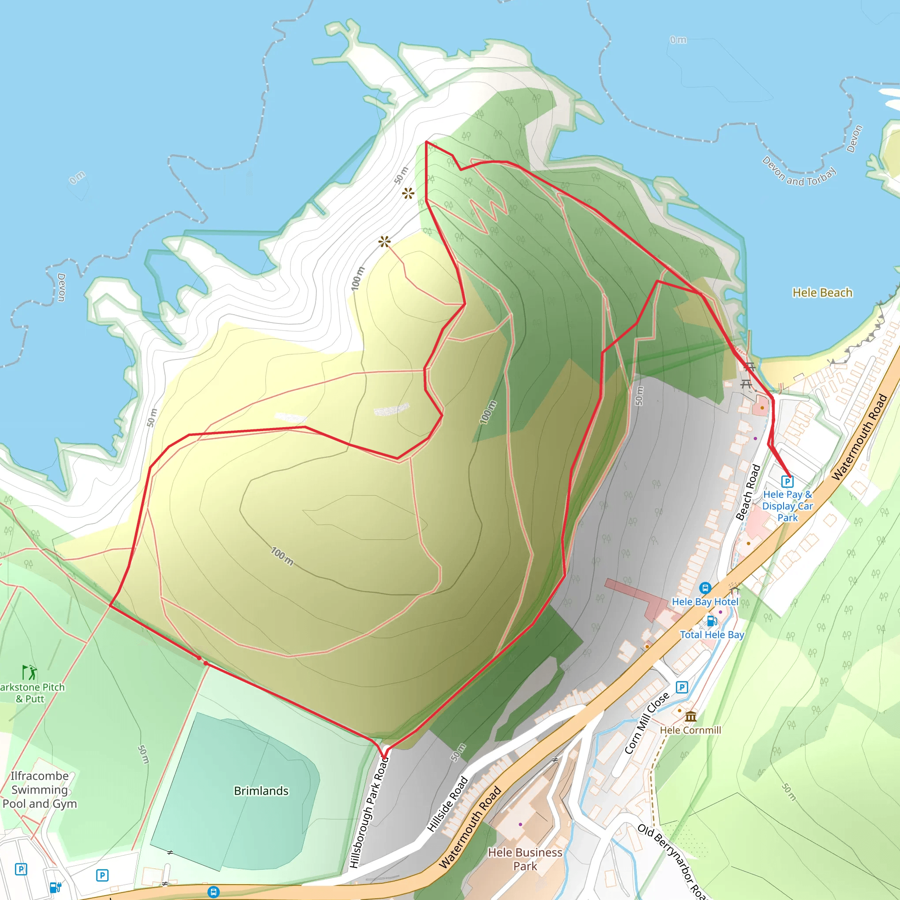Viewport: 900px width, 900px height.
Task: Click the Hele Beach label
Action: (822, 293)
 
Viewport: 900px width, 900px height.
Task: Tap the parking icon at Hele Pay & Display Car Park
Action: (787, 481)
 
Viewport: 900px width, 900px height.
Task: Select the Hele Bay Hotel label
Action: (705, 602)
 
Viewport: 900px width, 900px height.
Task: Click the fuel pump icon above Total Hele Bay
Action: (712, 621)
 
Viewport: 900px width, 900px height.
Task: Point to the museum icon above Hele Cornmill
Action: (691, 716)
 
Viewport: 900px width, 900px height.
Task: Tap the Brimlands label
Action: (261, 791)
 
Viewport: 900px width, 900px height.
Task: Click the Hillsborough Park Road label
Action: (369, 813)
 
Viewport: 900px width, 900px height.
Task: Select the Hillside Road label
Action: (448, 804)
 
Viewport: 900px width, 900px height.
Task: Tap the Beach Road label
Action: (748, 492)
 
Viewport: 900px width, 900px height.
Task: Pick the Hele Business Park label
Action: (525, 859)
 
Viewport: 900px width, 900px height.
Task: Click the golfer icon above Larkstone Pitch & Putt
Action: (30, 673)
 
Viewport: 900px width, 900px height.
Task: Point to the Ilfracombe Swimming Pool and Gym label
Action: (39, 790)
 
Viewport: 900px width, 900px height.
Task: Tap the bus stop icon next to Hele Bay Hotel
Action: (705, 588)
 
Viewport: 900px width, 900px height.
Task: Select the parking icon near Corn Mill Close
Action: (682, 687)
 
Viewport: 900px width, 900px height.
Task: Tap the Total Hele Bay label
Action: (712, 635)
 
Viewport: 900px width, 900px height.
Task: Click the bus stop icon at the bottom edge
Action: (213, 892)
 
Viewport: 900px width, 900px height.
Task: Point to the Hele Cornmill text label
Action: (690, 730)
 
